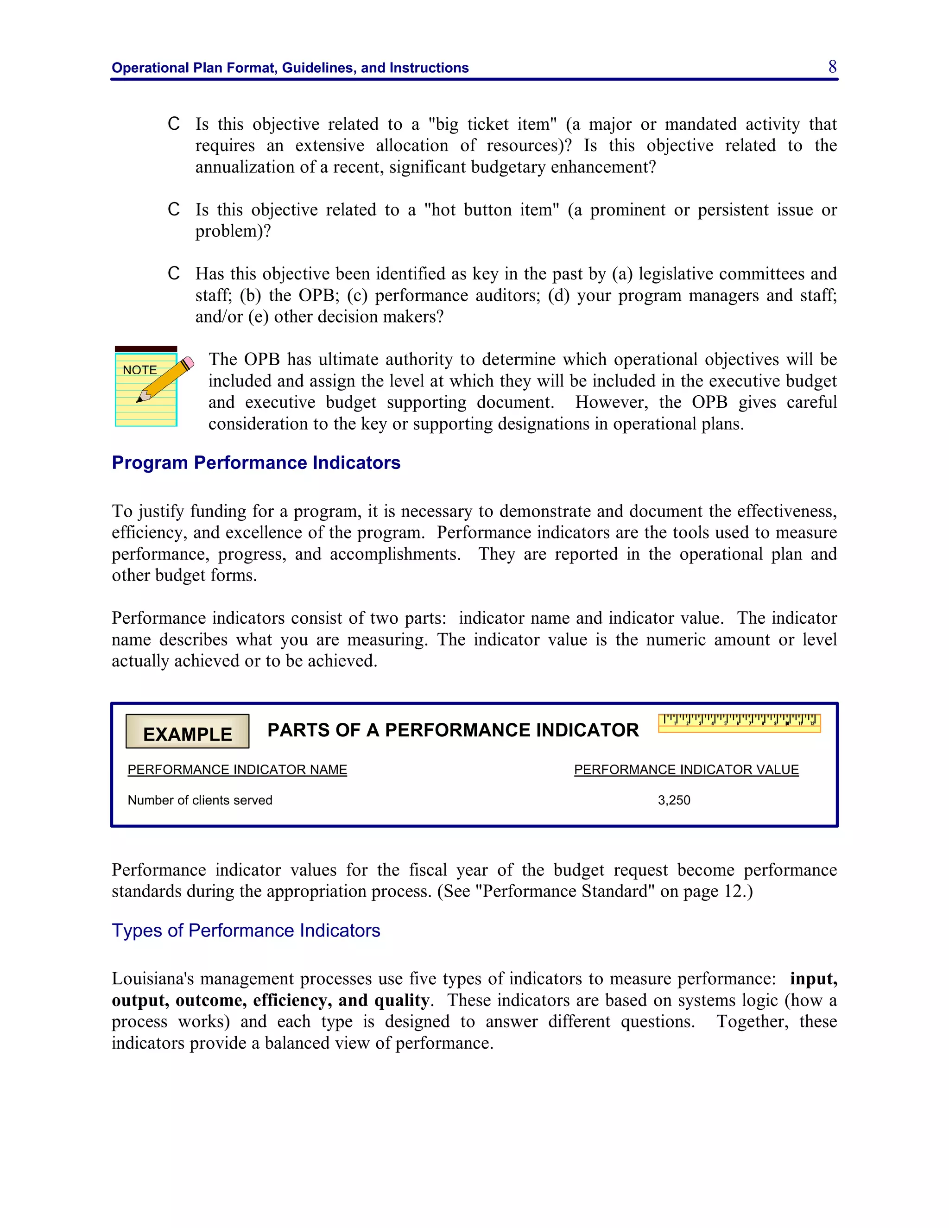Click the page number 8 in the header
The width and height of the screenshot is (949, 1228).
tap(832, 67)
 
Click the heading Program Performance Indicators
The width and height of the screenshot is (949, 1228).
tap(256, 463)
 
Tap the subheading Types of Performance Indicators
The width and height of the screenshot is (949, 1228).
tap(246, 930)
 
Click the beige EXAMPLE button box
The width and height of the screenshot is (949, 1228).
tap(187, 732)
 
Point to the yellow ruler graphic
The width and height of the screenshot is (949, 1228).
tap(739, 723)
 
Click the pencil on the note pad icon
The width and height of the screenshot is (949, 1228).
tap(166, 380)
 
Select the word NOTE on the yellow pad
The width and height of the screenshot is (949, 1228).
tap(139, 370)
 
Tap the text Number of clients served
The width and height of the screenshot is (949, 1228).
tap(200, 800)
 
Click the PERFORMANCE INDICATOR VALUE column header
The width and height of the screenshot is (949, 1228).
tap(686, 770)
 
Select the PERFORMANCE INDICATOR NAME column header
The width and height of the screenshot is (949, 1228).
tap(237, 770)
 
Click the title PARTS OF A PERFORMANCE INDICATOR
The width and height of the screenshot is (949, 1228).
tap(453, 730)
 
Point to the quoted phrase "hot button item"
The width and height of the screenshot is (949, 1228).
tap(491, 210)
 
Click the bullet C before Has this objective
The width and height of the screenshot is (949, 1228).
tap(174, 274)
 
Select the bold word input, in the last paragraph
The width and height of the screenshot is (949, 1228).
tap(813, 979)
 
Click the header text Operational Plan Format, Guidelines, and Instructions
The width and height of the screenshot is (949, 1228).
tap(290, 68)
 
